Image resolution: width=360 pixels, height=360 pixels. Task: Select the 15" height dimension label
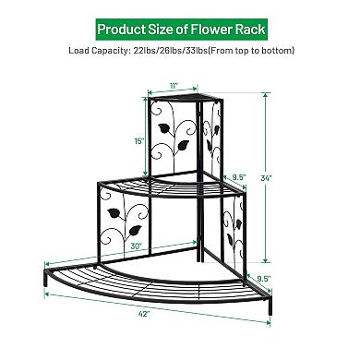pyautogui.click(x=137, y=140)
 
